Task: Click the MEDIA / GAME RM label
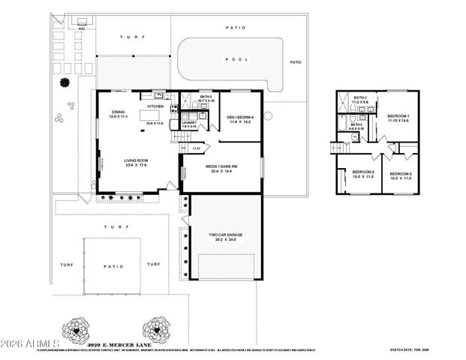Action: pyautogui.click(x=223, y=169)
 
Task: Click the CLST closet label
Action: pyautogui.click(x=197, y=148)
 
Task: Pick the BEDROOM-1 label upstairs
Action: pyautogui.click(x=398, y=118)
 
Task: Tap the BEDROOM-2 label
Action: pyautogui.click(x=399, y=176)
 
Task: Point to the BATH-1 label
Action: pyautogui.click(x=361, y=99)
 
